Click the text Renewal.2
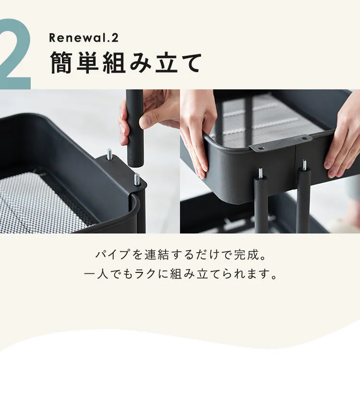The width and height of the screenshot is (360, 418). tap(84, 38)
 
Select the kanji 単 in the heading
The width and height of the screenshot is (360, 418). tap(88, 62)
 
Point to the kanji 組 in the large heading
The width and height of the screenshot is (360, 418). tap(114, 62)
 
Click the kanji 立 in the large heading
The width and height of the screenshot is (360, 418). tap(167, 62)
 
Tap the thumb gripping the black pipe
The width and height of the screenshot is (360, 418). tap(147, 121)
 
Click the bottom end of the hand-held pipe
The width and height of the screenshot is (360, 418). tap(135, 166)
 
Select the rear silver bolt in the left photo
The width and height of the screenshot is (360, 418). tap(109, 154)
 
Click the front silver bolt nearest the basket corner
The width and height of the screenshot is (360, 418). tap(137, 179)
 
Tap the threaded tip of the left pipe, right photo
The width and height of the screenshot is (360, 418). tap(261, 173)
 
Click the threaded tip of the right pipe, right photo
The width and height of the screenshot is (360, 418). tap(304, 165)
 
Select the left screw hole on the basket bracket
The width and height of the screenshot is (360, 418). tap(262, 148)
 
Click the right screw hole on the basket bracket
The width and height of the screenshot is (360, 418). tap(303, 139)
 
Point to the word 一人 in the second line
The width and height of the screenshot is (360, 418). tap(96, 274)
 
